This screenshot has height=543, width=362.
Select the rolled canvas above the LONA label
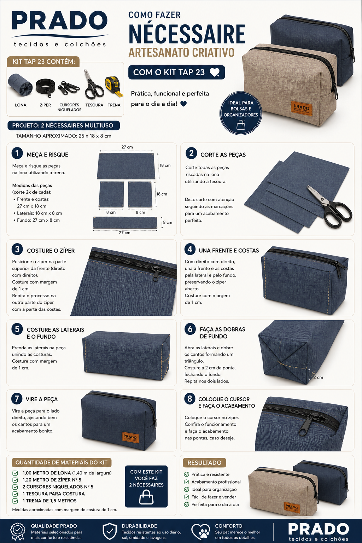20,85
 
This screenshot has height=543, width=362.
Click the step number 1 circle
17,154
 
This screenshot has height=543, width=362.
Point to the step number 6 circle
190,329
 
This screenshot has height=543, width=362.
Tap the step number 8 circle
190,399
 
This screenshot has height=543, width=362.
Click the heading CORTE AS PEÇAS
223,154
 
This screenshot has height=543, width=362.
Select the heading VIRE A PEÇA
42,399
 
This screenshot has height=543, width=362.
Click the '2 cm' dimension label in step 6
318,378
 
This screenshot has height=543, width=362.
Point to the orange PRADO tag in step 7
130,437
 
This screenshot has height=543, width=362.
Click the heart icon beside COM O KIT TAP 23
214,72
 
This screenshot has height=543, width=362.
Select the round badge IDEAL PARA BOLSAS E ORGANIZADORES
241,113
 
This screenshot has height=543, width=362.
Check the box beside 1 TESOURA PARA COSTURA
15,494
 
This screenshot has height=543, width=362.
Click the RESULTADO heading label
204,462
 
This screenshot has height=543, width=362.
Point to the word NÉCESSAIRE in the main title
187,34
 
